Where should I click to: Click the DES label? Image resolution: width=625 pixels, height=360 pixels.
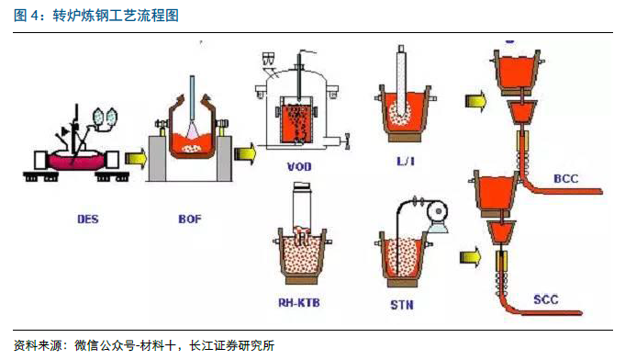(x=88, y=219)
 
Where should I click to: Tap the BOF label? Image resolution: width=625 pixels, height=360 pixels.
(x=190, y=219)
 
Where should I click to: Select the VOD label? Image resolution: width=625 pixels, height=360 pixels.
(x=299, y=166)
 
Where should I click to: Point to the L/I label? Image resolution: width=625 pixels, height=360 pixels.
(x=406, y=161)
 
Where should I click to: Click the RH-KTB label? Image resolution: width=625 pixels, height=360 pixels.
(x=299, y=302)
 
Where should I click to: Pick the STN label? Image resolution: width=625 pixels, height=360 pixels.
(x=402, y=305)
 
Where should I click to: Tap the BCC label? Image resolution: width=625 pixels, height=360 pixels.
(x=566, y=178)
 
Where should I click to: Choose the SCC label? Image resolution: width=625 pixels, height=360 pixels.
(x=546, y=299)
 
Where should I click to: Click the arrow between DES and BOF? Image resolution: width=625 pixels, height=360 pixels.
(x=136, y=158)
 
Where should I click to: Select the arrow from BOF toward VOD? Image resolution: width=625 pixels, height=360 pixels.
(x=245, y=153)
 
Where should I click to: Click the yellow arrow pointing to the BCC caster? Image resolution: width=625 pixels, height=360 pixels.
(x=476, y=100)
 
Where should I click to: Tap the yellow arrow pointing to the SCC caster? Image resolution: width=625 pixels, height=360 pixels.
(x=470, y=257)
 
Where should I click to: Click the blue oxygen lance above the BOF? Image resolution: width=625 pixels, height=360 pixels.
(x=192, y=98)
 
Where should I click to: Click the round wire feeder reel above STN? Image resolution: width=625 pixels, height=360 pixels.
(x=437, y=212)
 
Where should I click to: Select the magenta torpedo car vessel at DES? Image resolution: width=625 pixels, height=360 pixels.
(x=75, y=161)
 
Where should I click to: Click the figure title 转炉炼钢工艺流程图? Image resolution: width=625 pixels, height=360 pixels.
(x=116, y=16)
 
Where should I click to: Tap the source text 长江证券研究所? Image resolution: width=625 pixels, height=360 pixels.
(x=231, y=345)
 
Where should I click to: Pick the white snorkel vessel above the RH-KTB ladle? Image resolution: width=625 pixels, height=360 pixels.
(x=302, y=208)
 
